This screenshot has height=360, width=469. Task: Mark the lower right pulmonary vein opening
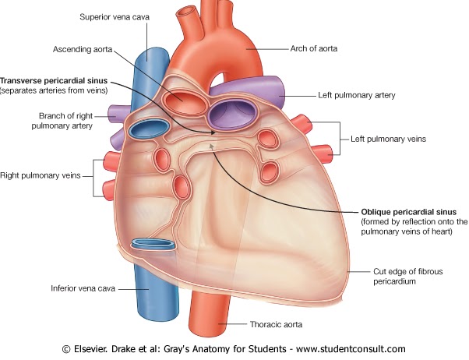pos(181,185)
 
